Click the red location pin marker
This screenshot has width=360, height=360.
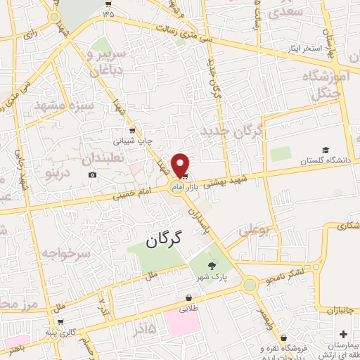[x=180, y=164]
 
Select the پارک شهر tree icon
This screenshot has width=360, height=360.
[x=212, y=265]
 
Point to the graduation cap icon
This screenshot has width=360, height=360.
[x=326, y=150]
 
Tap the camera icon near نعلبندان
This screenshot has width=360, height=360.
[x=92, y=174]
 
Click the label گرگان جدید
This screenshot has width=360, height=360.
[x=231, y=131]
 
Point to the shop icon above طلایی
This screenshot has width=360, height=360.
[x=188, y=297]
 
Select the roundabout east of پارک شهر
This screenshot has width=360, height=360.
[x=250, y=285]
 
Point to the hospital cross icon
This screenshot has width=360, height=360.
[x=344, y=333]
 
